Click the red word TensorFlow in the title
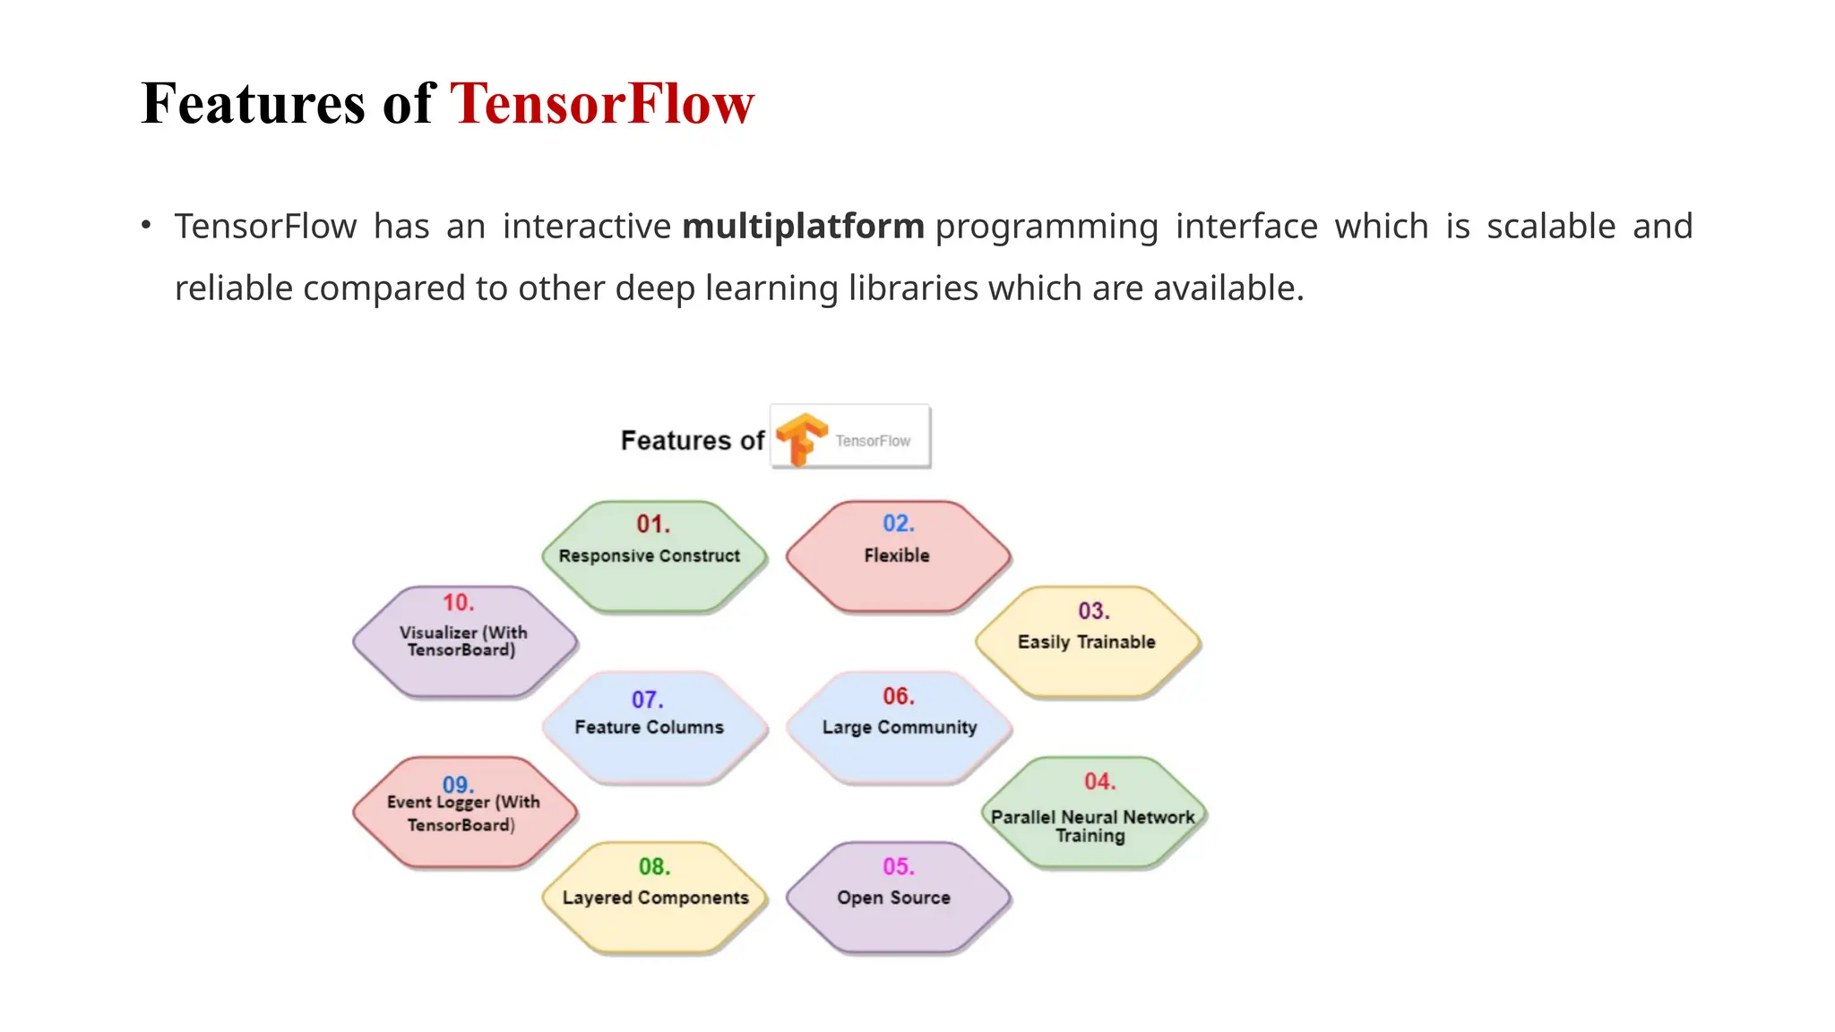click(x=601, y=104)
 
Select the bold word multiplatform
click(x=803, y=227)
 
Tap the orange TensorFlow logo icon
click(x=800, y=438)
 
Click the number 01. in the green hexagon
click(x=653, y=524)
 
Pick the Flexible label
click(x=897, y=555)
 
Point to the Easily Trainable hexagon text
click(x=1086, y=642)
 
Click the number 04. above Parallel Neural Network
click(x=1099, y=781)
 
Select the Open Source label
click(x=893, y=898)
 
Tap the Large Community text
click(x=900, y=727)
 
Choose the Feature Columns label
click(x=649, y=727)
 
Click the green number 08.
click(x=654, y=866)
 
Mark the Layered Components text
click(x=655, y=898)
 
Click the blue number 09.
click(x=458, y=785)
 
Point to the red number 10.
click(x=458, y=602)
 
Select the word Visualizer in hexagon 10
click(x=438, y=632)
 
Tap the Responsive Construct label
click(x=649, y=555)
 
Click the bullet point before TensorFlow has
click(x=146, y=225)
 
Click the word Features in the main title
click(x=254, y=104)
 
